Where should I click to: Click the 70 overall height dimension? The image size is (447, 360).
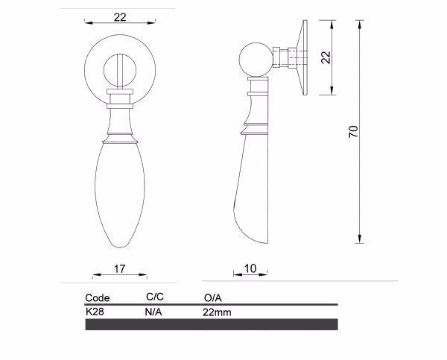click(354, 131)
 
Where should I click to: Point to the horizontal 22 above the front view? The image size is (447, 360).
click(120, 17)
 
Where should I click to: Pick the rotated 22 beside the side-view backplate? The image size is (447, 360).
click(325, 57)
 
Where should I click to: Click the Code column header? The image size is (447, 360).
click(98, 298)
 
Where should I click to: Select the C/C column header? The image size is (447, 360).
click(155, 297)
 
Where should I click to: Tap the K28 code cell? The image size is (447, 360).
click(95, 312)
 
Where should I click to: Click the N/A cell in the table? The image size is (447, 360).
click(153, 312)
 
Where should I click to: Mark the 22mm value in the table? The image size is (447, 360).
click(217, 312)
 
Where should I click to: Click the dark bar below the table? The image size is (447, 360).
click(212, 324)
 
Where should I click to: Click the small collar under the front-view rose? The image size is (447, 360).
click(119, 95)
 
